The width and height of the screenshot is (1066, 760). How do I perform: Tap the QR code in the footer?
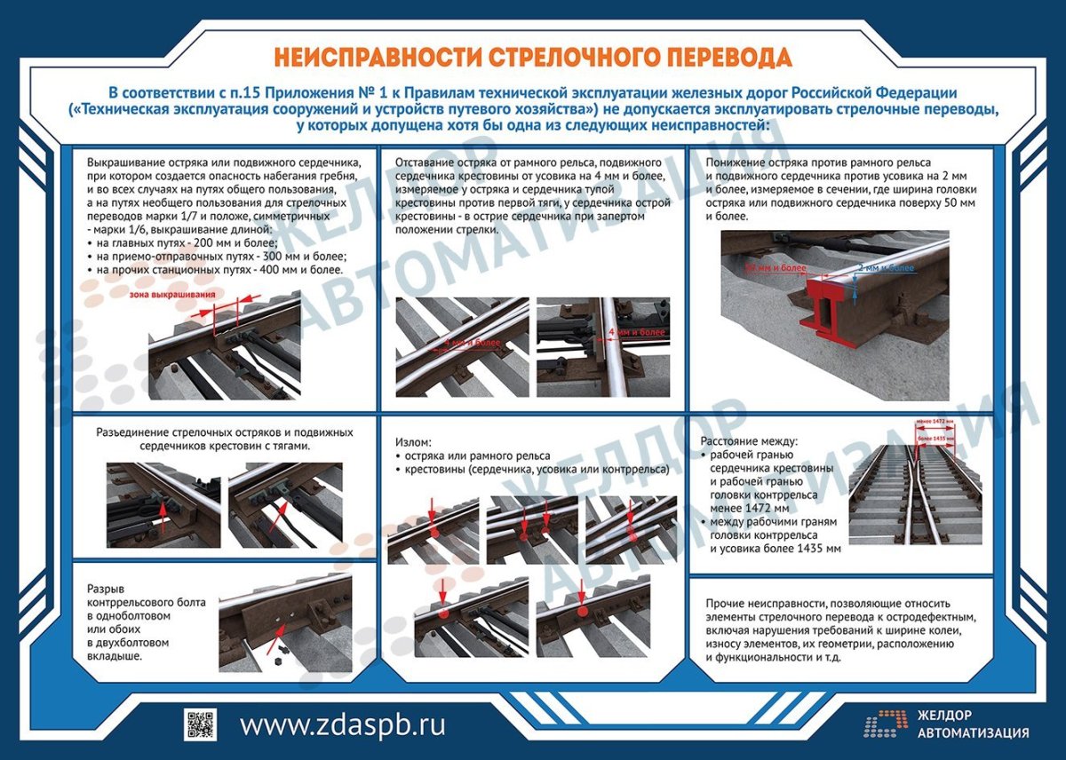tap(200, 724)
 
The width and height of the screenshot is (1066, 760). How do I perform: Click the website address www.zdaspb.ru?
tap(343, 724)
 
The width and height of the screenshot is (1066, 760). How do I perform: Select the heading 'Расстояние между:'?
tap(750, 441)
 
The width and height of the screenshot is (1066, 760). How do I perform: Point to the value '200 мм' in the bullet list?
tap(222, 243)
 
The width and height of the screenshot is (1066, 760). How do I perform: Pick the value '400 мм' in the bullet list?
tap(282, 269)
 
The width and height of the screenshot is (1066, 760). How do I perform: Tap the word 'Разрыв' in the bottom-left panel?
tap(106, 589)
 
